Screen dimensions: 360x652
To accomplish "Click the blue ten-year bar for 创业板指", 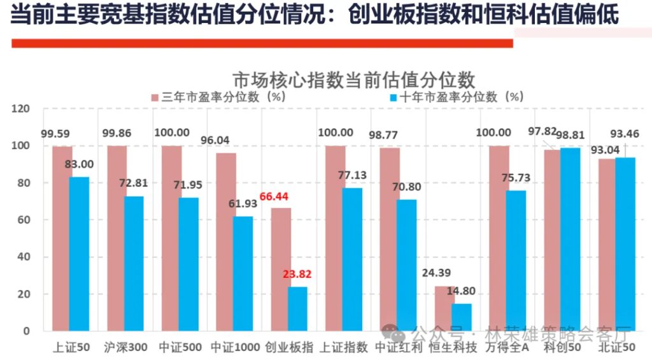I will (x=297, y=309).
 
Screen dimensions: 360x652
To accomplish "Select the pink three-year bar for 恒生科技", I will (x=443, y=308).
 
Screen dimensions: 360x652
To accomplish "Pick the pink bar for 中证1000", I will (x=225, y=242).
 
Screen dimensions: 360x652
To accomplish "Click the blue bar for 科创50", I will (x=571, y=240).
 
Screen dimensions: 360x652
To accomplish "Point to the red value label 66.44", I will (x=275, y=196).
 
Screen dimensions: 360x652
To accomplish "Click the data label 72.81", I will (x=133, y=183).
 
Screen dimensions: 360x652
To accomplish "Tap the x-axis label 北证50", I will (x=617, y=347).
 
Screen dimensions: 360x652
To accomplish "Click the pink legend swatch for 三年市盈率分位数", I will (x=155, y=97).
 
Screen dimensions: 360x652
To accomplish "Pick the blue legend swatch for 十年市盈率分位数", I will (x=393, y=97).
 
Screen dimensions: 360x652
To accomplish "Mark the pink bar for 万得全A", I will (x=499, y=239).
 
